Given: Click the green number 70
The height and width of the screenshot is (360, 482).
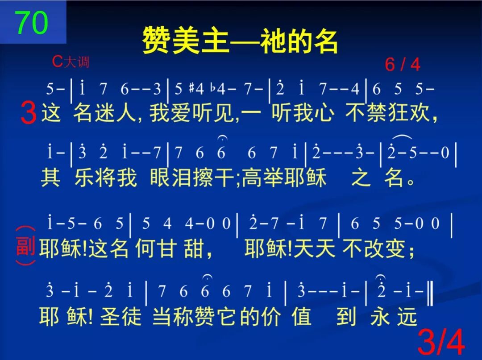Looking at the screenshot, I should coord(32,22).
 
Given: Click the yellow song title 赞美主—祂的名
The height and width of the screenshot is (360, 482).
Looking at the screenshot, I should coord(240,41).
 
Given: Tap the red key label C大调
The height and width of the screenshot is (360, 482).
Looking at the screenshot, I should coord(71,62).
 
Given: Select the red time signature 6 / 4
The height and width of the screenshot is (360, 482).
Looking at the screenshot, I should coord(403,65).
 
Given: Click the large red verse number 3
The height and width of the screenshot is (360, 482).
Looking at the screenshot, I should coord(28,113).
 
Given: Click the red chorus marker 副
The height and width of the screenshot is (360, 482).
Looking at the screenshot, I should coord(25,246).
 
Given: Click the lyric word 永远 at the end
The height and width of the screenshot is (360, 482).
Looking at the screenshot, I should coord(393,316).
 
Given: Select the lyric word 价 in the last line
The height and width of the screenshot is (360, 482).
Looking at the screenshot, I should coord(271,316).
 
